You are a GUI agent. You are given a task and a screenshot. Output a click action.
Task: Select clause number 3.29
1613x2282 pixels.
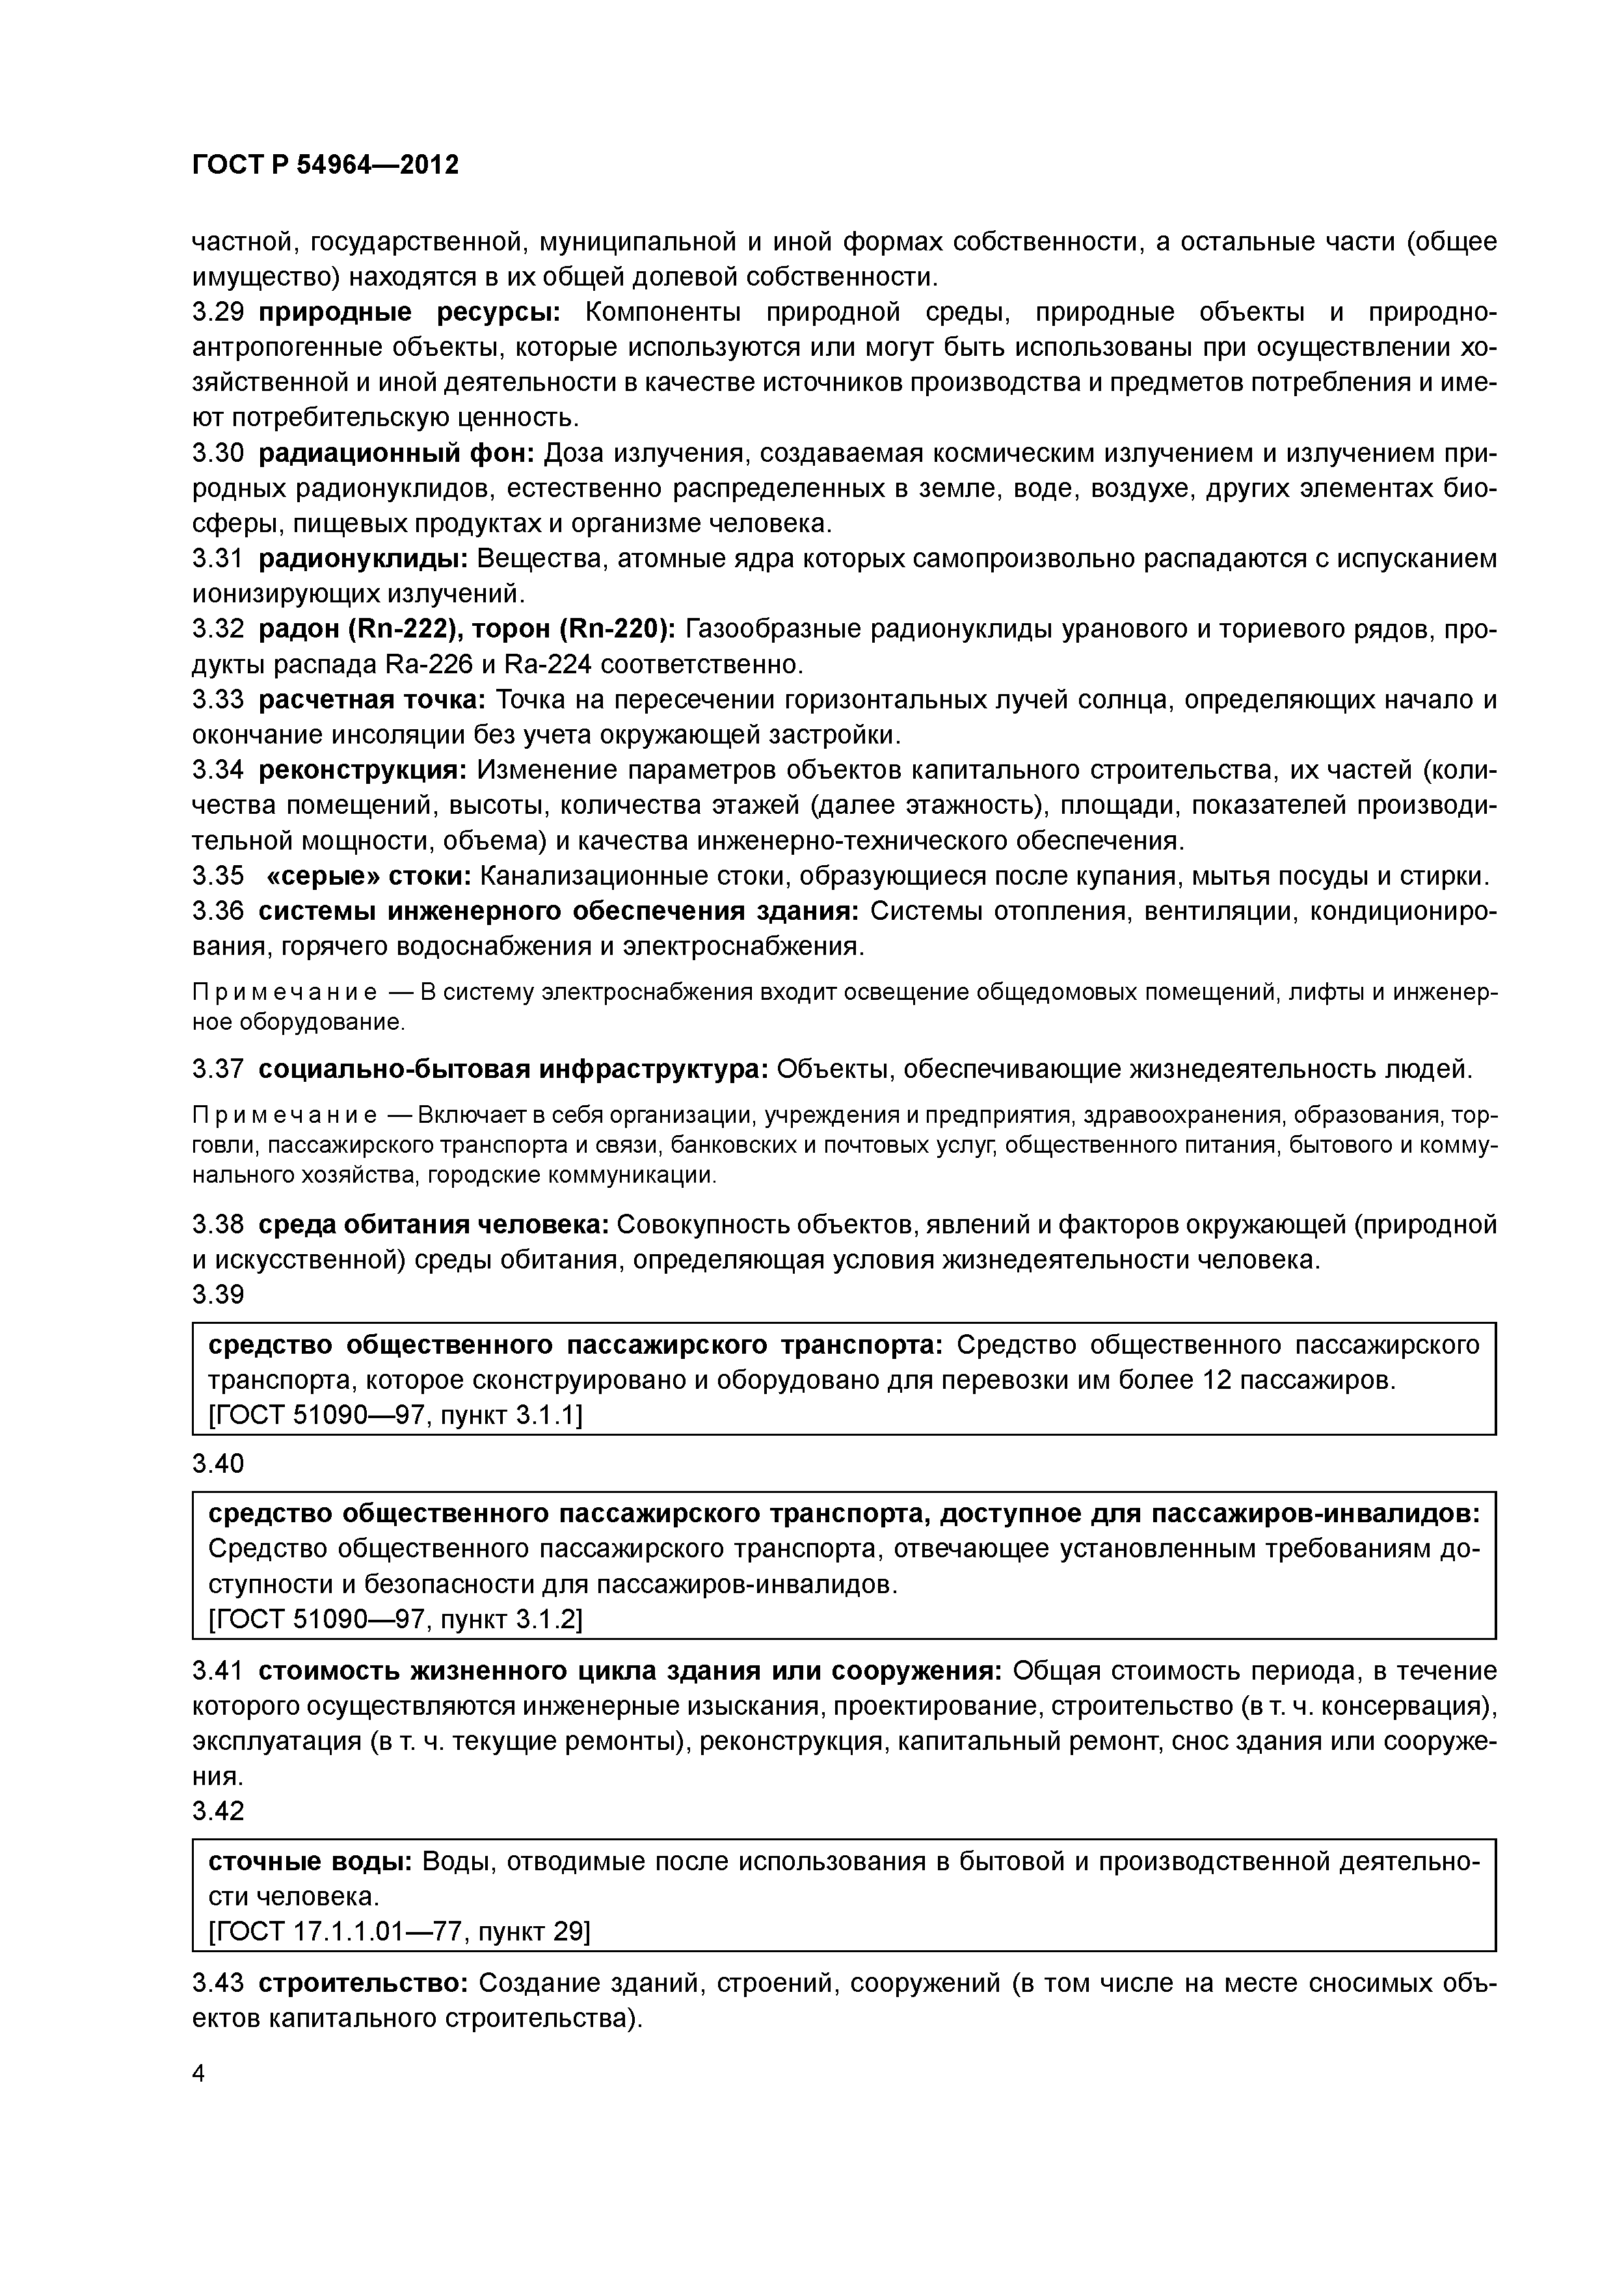[218, 313]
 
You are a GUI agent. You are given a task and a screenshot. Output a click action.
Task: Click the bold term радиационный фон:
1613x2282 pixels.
[397, 454]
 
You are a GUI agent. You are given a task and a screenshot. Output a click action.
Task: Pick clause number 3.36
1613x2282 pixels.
[218, 911]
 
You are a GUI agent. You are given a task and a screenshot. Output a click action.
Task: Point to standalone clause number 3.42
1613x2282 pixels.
[218, 1811]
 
